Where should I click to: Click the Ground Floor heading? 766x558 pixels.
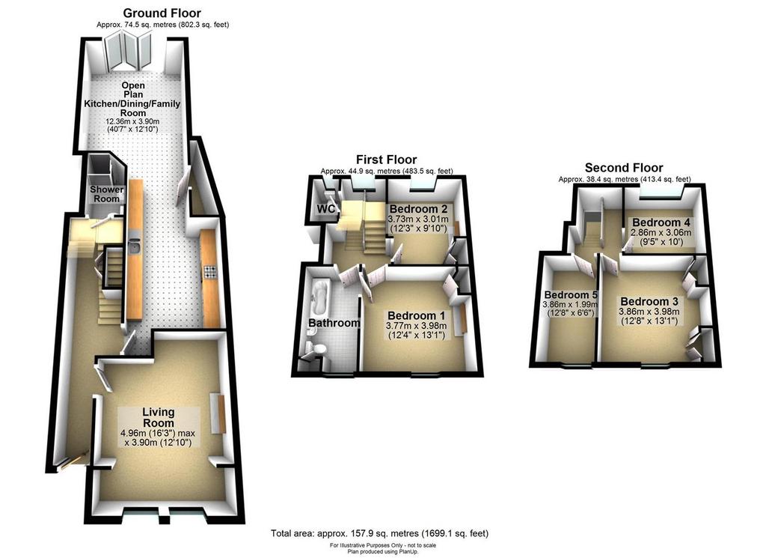click(x=162, y=13)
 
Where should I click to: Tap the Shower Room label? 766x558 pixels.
click(x=106, y=194)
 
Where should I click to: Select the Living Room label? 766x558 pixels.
click(x=159, y=418)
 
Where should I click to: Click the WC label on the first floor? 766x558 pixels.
click(x=326, y=209)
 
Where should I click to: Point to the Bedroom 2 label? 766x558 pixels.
click(x=419, y=210)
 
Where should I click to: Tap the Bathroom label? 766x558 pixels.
click(x=334, y=324)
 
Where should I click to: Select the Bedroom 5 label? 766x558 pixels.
click(x=571, y=295)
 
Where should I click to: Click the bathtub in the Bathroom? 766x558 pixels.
click(x=321, y=297)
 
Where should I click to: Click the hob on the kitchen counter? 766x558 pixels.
click(x=210, y=272)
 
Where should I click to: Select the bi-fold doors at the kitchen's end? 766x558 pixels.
click(x=129, y=50)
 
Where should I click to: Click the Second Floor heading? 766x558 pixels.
click(x=624, y=168)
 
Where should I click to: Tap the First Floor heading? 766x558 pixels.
click(x=387, y=160)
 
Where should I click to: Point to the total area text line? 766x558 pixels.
click(x=379, y=533)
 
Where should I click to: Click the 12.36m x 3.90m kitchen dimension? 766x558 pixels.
click(x=133, y=122)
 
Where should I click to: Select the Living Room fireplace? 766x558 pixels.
click(x=218, y=413)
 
